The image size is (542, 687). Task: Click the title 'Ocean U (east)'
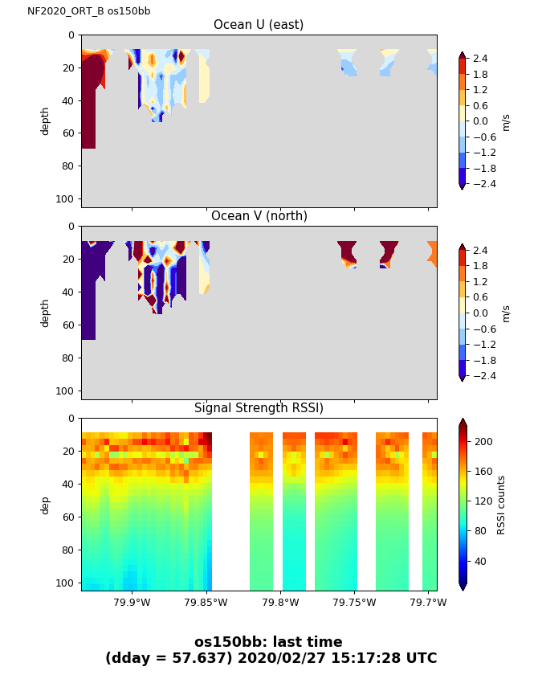click(259, 25)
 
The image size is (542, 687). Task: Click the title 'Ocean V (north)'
click(259, 216)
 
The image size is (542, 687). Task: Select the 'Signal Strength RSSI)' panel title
click(259, 408)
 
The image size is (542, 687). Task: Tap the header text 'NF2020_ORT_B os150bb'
click(89, 11)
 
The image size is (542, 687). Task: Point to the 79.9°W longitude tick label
click(132, 602)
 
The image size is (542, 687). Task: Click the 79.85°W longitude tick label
click(206, 602)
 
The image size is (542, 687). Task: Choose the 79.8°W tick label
click(280, 602)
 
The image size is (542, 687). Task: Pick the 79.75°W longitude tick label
click(354, 602)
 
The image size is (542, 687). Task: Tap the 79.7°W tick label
click(428, 602)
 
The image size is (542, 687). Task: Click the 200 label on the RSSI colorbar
click(483, 442)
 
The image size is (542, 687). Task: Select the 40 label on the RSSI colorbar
click(480, 562)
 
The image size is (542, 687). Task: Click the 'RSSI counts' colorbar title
click(501, 505)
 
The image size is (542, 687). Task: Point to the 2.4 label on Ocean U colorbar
click(480, 59)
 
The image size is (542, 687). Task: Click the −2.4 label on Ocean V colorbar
click(485, 376)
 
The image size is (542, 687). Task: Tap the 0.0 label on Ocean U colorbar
click(480, 121)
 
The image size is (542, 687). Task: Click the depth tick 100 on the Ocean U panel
click(65, 199)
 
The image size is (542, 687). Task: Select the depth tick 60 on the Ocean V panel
click(68, 325)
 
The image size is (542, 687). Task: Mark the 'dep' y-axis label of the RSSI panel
click(45, 505)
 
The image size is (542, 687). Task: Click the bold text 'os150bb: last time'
click(268, 642)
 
